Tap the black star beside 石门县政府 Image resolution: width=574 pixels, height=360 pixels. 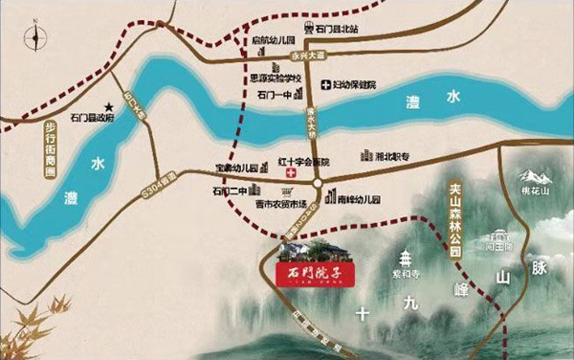tap(110, 105)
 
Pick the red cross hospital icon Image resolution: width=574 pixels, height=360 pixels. tap(290, 172)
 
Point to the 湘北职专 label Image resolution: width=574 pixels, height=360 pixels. tap(390, 157)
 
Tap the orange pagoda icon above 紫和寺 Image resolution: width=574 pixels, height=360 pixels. tap(407, 257)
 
